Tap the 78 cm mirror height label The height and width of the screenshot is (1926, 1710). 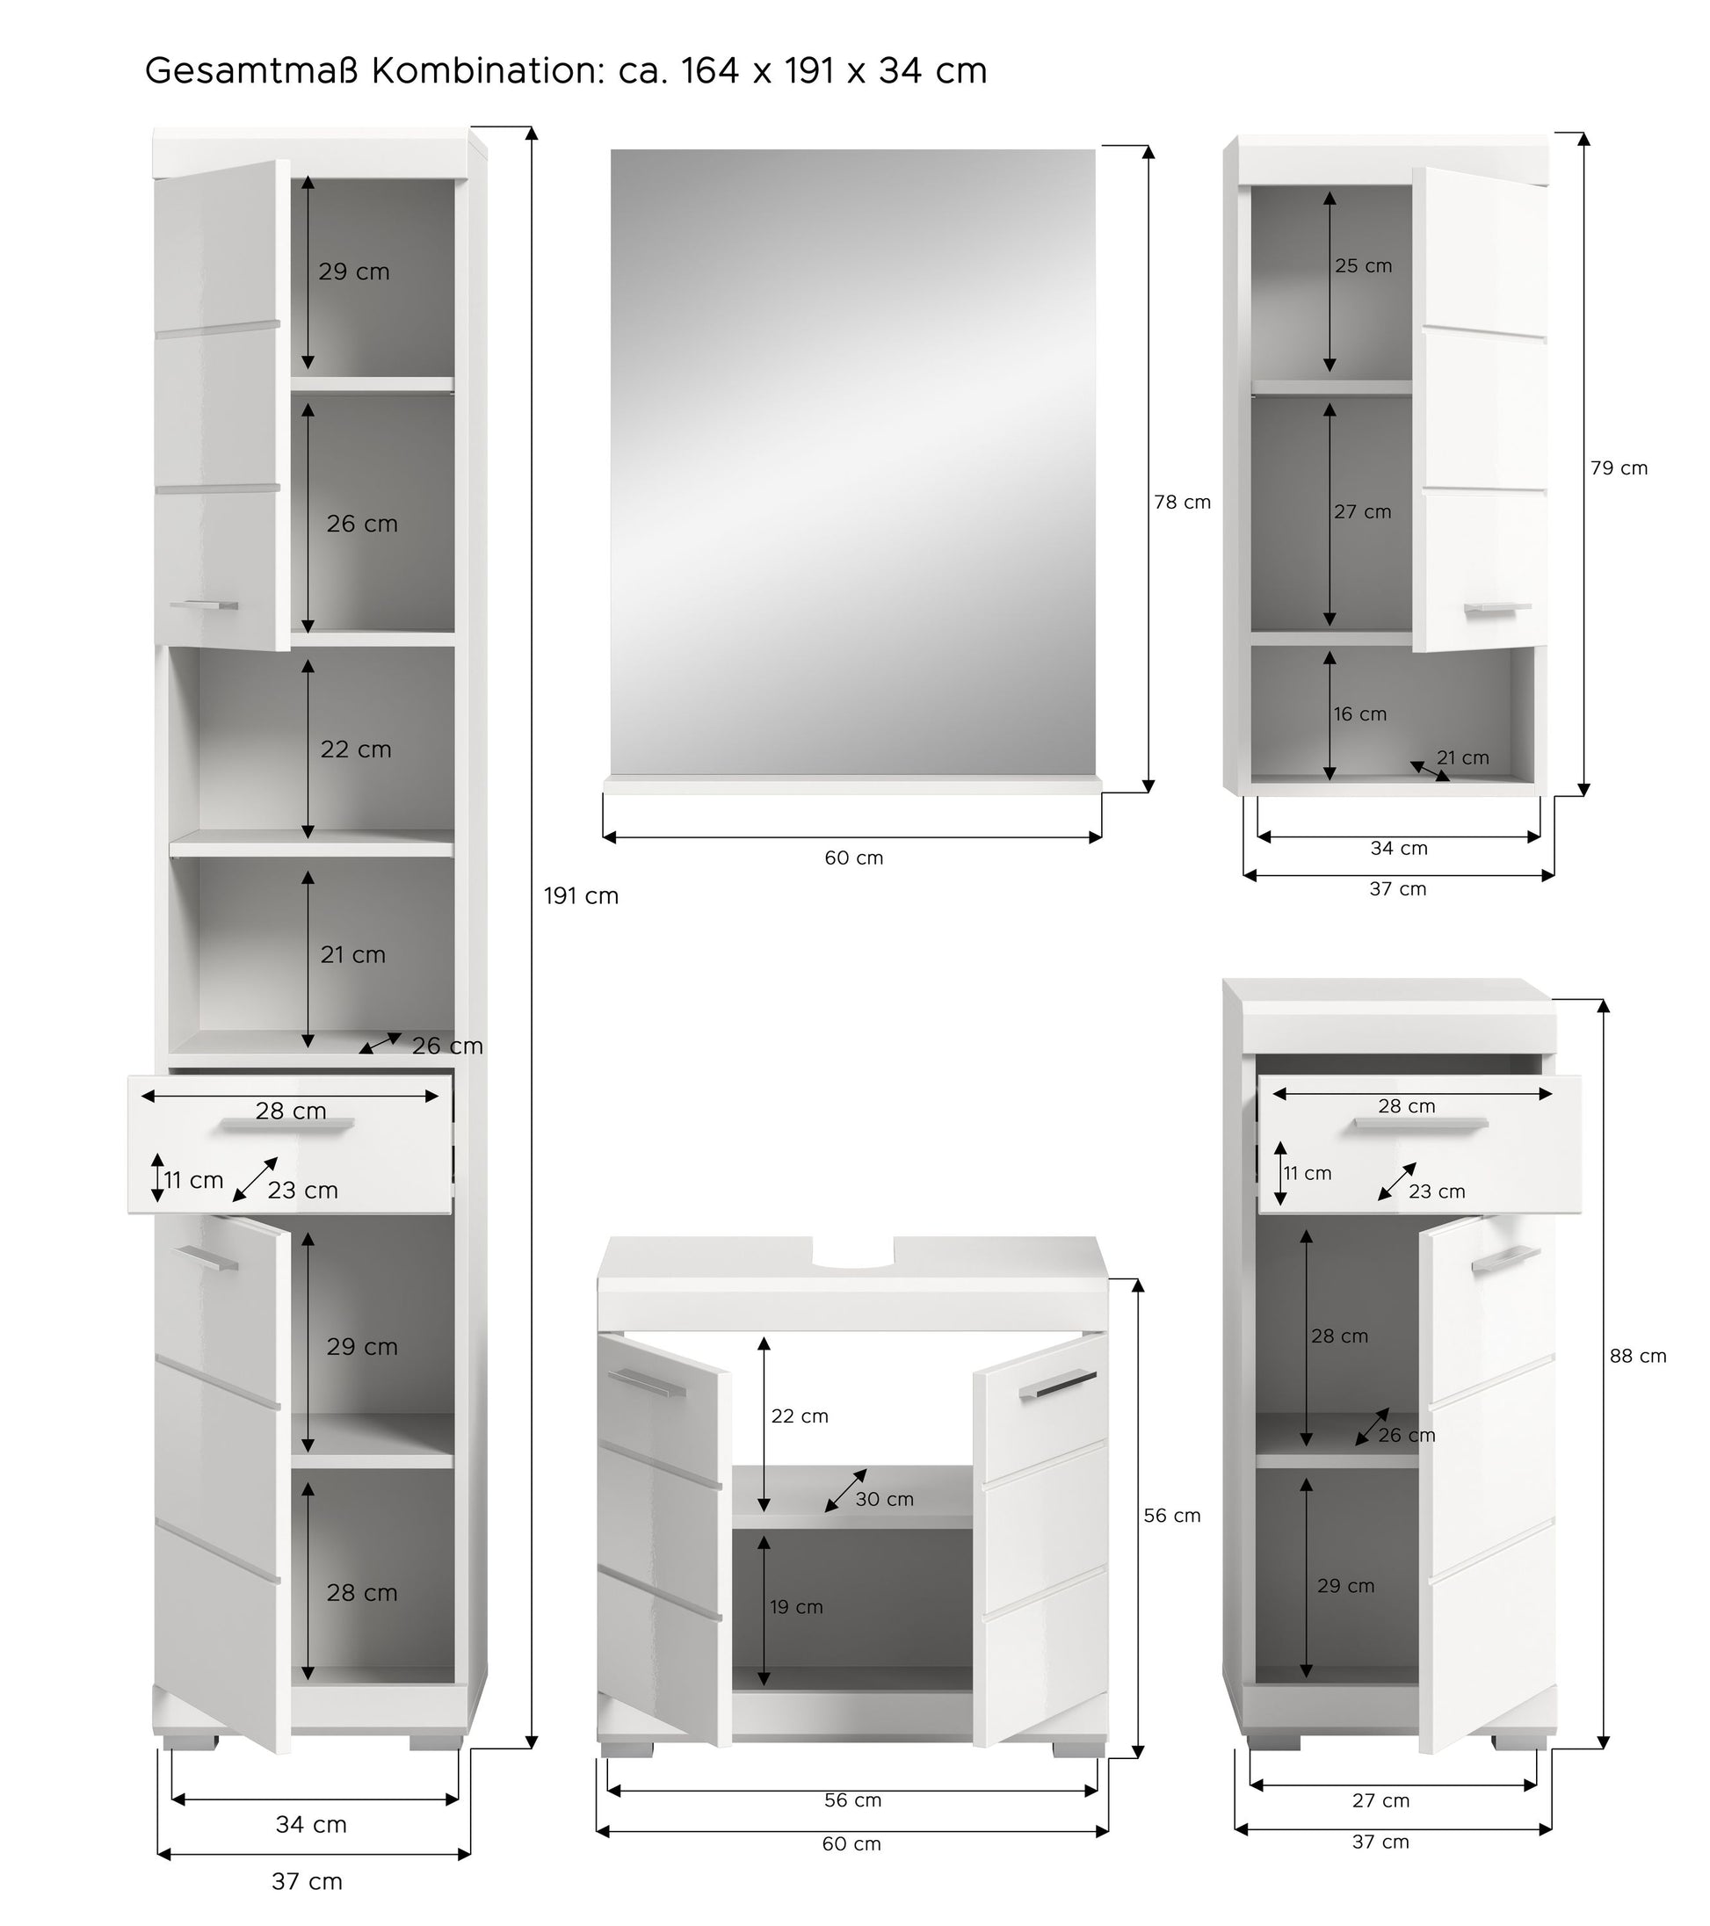click(1183, 503)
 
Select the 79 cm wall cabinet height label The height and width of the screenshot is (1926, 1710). click(1619, 468)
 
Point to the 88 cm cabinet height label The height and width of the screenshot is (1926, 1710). click(1637, 1356)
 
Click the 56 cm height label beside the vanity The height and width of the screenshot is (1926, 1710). click(1172, 1515)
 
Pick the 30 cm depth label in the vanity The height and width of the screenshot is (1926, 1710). click(884, 1499)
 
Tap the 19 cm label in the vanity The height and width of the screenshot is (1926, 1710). click(796, 1606)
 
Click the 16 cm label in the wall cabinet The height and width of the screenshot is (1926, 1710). click(1359, 714)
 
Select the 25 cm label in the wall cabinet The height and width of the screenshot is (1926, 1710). click(1363, 265)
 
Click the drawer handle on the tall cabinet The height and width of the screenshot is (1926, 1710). click(287, 1124)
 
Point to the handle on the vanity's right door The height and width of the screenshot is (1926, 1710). click(1057, 1383)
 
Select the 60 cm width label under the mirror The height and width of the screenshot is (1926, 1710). click(853, 858)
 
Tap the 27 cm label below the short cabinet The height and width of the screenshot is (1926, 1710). click(1380, 1800)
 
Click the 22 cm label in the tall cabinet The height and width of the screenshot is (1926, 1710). click(355, 750)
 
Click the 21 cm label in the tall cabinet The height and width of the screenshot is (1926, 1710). click(352, 955)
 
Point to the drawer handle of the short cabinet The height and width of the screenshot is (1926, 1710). click(1421, 1123)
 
